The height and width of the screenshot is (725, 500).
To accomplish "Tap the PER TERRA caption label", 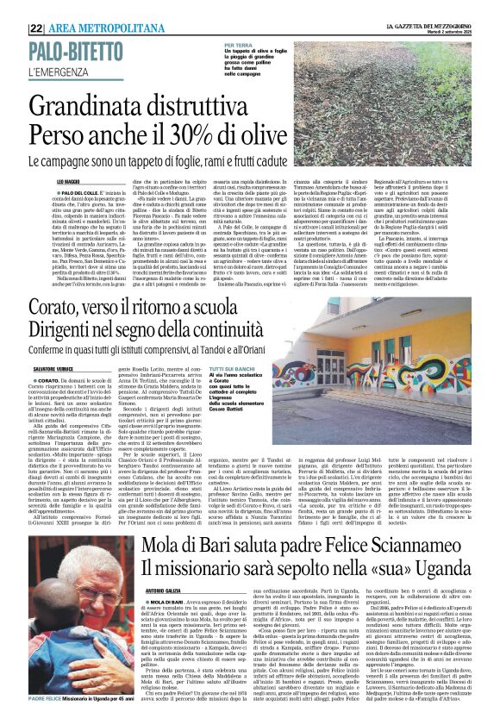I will pos(238,44).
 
